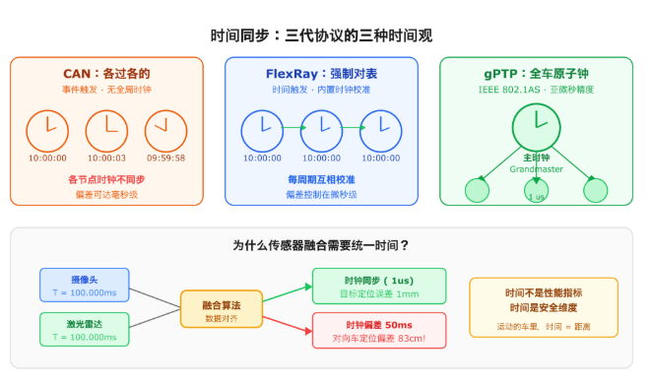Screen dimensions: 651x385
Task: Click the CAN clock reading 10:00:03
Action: pyautogui.click(x=106, y=131)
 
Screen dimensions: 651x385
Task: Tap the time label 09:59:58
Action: pyautogui.click(x=165, y=159)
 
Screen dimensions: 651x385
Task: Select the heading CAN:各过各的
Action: pyautogui.click(x=106, y=74)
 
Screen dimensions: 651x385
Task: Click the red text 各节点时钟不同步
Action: pyautogui.click(x=106, y=179)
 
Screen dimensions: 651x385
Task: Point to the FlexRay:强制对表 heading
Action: pyautogui.click(x=321, y=74)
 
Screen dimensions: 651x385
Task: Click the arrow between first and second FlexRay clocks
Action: pyautogui.click(x=294, y=127)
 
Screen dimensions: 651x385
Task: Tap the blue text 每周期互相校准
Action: pyautogui.click(x=321, y=179)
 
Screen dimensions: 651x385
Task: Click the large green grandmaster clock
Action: pyautogui.click(x=536, y=127)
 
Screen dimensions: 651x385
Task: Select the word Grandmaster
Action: pyautogui.click(x=536, y=169)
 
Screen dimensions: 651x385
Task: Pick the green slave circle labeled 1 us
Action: pyautogui.click(x=536, y=190)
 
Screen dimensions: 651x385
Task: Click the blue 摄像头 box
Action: pyautogui.click(x=85, y=285)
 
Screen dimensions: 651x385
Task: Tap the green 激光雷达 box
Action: pyautogui.click(x=85, y=330)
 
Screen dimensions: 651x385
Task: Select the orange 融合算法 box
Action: pyautogui.click(x=222, y=309)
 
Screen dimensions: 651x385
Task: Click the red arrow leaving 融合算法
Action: pyautogui.click(x=288, y=324)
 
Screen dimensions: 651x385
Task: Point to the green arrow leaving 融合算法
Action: pyautogui.click(x=288, y=293)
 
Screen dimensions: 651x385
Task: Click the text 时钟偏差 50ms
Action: pyautogui.click(x=379, y=325)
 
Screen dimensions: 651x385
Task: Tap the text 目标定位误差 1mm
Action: pyautogui.click(x=379, y=294)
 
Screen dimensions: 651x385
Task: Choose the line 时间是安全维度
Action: pyautogui.click(x=544, y=308)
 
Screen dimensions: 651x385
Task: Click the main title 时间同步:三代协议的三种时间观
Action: pyautogui.click(x=321, y=35)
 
